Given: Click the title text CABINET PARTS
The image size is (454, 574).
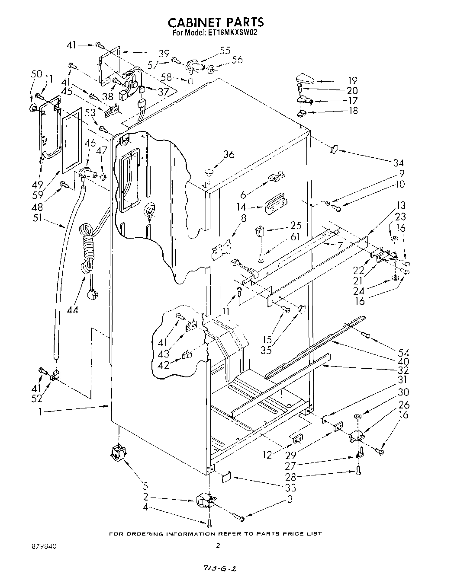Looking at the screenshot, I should [215, 22].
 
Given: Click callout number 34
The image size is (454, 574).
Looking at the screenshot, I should [398, 163].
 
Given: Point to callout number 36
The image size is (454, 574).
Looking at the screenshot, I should [229, 154].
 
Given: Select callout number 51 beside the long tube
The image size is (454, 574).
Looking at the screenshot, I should [38, 218].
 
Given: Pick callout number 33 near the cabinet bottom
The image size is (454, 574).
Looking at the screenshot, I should [291, 488].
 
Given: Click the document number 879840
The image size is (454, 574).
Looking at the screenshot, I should [45, 546].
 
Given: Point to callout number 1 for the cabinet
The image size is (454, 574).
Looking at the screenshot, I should [40, 412].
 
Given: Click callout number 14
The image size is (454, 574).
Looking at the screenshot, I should [241, 207].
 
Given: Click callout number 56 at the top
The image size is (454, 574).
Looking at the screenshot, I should [237, 60].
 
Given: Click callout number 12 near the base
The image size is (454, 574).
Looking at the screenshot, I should [267, 455].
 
